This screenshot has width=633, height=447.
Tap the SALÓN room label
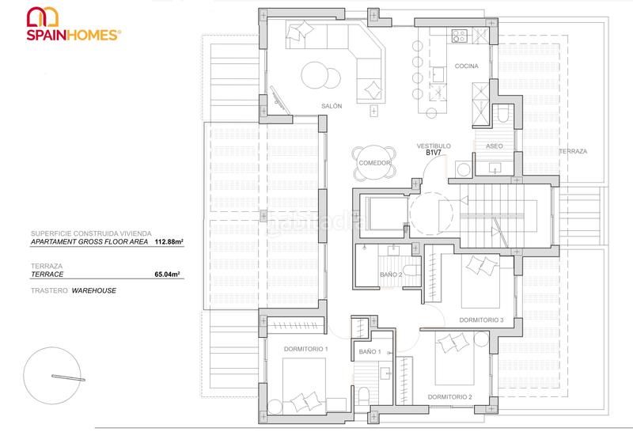click(332, 106)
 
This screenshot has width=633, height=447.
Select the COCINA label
click(466, 66)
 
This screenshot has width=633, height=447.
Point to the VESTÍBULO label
click(434, 146)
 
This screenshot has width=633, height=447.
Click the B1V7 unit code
click(433, 154)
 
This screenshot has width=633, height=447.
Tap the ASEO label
click(494, 146)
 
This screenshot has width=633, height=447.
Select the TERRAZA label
click(573, 151)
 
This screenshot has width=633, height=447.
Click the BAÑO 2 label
click(389, 275)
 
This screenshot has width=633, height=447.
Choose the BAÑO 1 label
click(370, 350)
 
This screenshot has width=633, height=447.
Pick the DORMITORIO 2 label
click(449, 396)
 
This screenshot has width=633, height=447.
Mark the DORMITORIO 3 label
click(481, 320)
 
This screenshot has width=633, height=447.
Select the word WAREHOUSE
click(94, 290)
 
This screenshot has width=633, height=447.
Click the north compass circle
click(52, 376)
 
